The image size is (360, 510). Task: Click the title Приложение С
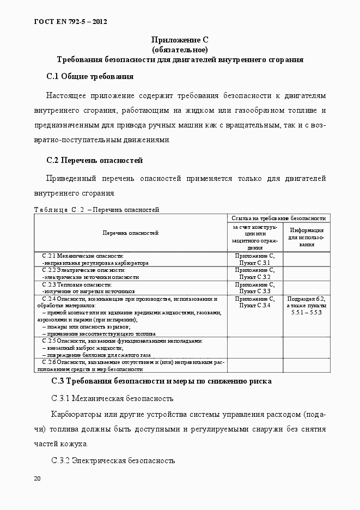click(x=180, y=40)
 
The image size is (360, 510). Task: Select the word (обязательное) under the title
click(x=180, y=49)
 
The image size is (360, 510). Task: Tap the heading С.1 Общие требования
click(x=90, y=76)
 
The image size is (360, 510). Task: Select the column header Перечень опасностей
click(x=131, y=233)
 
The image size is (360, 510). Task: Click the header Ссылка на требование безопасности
click(x=279, y=217)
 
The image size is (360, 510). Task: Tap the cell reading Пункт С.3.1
click(x=255, y=263)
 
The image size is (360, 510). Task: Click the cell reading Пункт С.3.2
click(x=255, y=277)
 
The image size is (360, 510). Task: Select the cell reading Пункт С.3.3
click(x=255, y=291)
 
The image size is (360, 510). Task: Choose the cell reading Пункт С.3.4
click(x=255, y=305)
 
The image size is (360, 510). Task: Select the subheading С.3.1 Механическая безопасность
click(x=112, y=398)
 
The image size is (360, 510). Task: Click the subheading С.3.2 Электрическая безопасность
click(x=113, y=460)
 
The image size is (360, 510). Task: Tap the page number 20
click(x=37, y=478)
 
